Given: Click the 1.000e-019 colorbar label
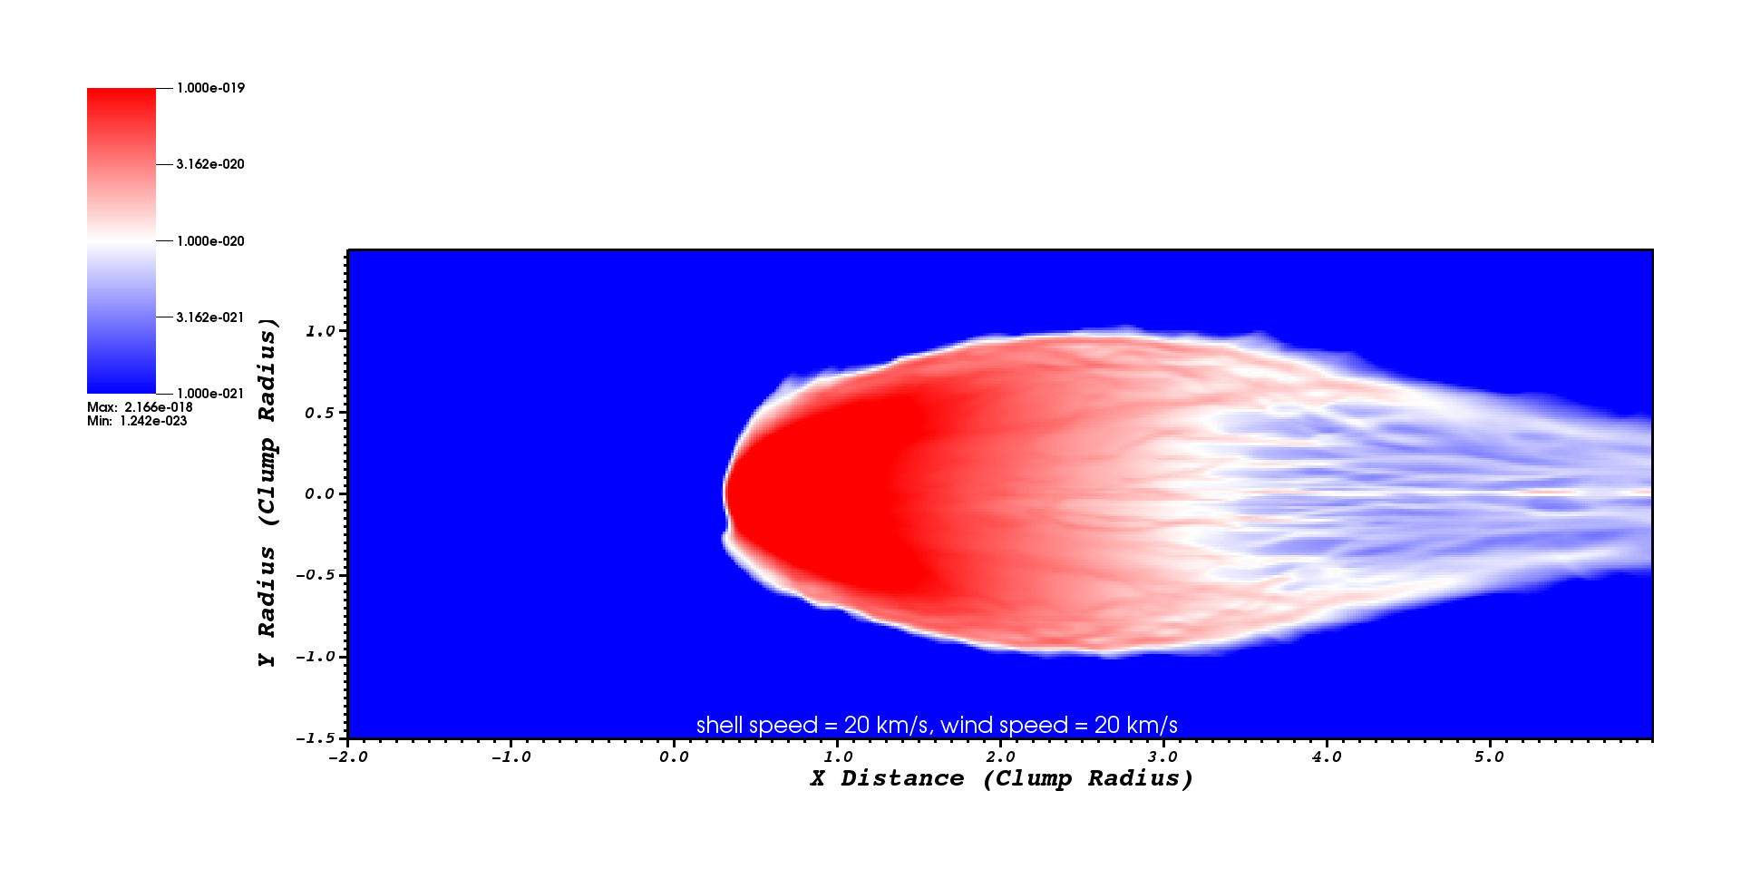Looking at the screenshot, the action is coord(210,88).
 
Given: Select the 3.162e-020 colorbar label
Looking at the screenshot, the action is coord(210,164).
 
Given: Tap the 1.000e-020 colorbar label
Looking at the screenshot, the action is coord(210,241).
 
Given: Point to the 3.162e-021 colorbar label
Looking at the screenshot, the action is coord(210,317).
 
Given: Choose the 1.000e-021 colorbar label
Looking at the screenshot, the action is coord(210,394).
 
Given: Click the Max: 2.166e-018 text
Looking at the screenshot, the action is coord(140,407).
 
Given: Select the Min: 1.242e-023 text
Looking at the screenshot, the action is coord(137,421).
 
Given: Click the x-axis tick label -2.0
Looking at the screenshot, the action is coord(348,757).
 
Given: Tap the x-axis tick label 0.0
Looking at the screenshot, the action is coord(675,757).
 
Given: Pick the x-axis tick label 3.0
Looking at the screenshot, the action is coord(1163,757).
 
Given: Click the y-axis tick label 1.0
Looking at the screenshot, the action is coord(320,331).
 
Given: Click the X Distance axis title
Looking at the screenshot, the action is coord(1001,778).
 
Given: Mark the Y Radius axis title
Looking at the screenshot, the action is coord(267,493).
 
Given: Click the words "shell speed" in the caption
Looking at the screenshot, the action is coord(757,726).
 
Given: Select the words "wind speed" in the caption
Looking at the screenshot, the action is coord(1005,726).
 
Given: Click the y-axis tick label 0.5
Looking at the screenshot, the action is coord(320,413).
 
